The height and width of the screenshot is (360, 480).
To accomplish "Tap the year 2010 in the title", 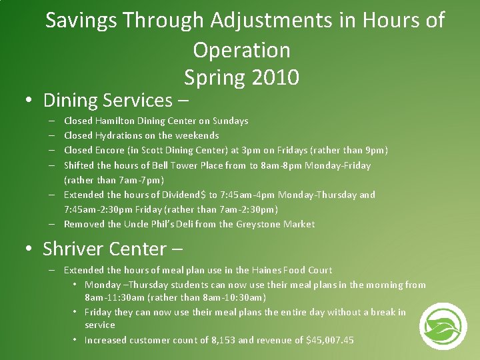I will (x=275, y=78).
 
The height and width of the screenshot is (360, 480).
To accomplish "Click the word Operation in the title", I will (x=241, y=50).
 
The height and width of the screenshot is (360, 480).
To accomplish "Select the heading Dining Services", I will (x=107, y=101).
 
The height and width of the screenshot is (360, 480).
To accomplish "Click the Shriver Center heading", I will (x=104, y=249).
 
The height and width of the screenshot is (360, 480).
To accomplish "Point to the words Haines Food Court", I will (x=292, y=270).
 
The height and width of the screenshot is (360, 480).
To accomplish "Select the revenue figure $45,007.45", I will (x=330, y=340).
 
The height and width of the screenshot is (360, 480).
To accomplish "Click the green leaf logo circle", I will (x=443, y=326).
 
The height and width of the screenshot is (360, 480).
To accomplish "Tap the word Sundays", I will (x=231, y=121).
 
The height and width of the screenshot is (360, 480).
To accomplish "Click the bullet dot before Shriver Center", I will (x=29, y=250).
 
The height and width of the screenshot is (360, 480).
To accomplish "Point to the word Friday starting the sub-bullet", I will (x=98, y=312).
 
